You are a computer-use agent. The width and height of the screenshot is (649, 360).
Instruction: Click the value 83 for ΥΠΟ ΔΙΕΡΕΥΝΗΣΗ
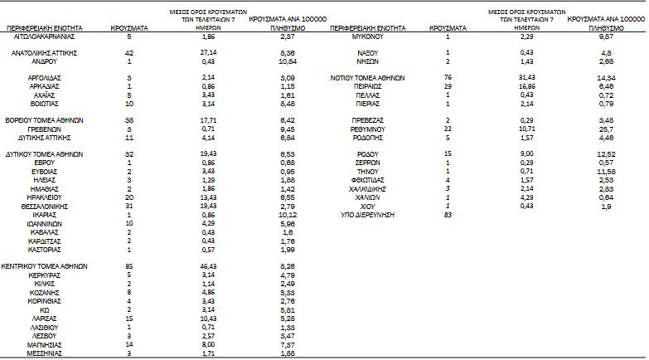click(448, 214)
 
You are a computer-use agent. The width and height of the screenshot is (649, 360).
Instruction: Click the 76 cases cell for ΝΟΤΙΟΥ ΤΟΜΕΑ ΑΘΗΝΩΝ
click(448, 76)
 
